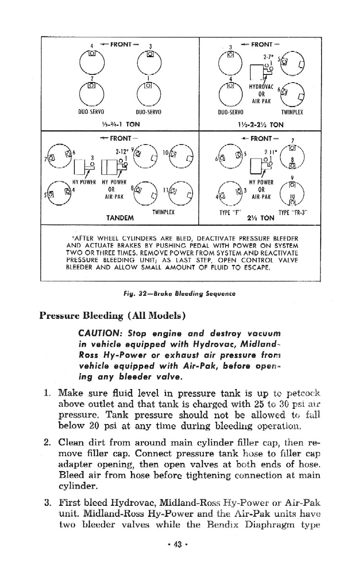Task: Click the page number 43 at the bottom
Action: point(180,558)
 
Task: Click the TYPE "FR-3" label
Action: point(300,212)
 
